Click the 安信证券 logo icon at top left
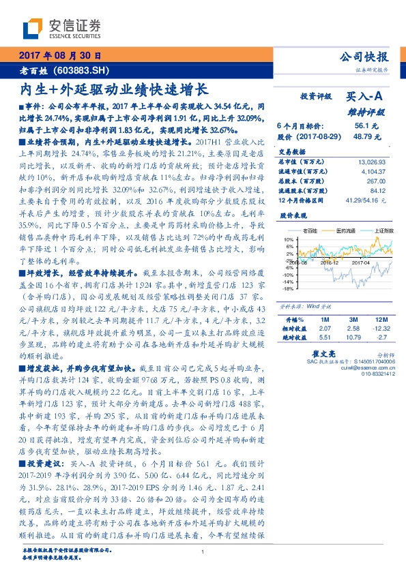tap(33, 27)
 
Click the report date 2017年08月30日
tap(59, 55)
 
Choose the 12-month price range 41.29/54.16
tap(364, 201)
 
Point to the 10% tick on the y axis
tap(289, 240)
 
